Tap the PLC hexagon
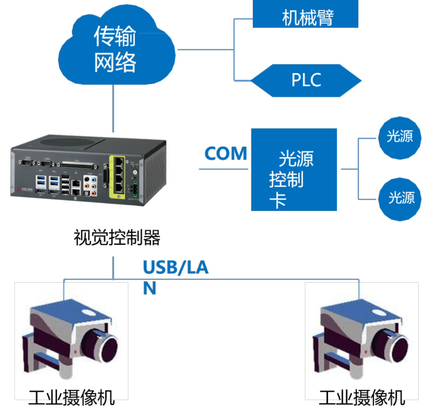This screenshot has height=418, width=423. click(306, 80)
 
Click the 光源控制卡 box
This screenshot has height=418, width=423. click(294, 170)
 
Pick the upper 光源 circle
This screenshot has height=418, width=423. click(400, 137)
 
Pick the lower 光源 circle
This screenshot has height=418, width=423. click(400, 199)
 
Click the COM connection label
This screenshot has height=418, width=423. click(226, 154)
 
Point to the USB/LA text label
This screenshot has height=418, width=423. click(176, 268)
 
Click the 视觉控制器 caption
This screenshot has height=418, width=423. click(117, 237)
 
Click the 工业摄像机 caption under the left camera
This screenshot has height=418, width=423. click(72, 398)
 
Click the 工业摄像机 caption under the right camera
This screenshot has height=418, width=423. click(362, 398)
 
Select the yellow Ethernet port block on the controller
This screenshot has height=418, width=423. click(117, 175)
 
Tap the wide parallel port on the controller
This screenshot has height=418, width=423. click(78, 165)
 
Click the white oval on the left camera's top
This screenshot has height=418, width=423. click(88, 312)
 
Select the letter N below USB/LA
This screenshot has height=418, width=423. click(149, 288)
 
